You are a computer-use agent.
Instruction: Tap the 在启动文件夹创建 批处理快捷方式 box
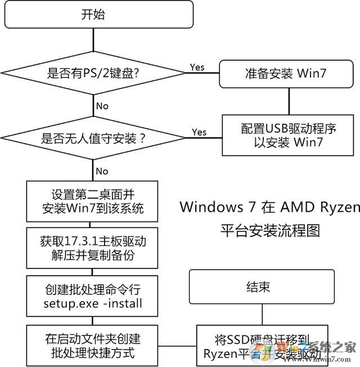93,345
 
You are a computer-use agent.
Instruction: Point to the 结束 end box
258,288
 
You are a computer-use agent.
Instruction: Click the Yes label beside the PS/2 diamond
197,67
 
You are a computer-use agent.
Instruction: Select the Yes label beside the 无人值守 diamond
199,132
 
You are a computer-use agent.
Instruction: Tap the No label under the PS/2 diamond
102,106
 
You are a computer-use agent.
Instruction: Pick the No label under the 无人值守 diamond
102,171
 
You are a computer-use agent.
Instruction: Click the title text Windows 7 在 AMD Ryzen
269,207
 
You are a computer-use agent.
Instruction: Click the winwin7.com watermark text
335,361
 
